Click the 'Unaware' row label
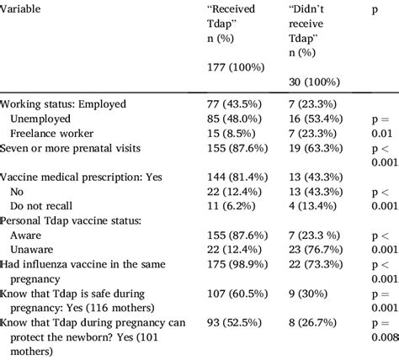(36, 249)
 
